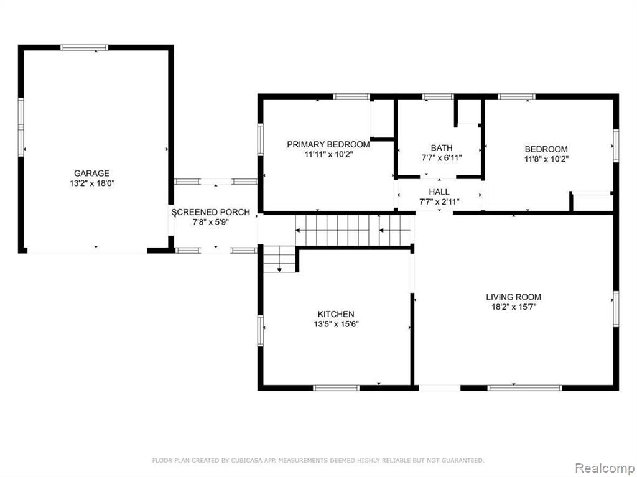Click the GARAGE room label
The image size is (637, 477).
pos(91,173)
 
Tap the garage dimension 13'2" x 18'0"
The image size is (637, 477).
pos(92,183)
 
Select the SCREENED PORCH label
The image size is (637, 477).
pos(210,212)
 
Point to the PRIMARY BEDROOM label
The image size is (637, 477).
pos(328,144)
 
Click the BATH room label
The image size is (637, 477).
pos(442,148)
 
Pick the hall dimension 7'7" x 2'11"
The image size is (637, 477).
pos(439,201)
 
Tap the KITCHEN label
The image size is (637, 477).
pos(336,314)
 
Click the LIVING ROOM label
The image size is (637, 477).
pos(513,297)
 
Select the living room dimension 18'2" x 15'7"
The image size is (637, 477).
pos(514,307)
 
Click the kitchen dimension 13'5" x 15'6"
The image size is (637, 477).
pos(336,324)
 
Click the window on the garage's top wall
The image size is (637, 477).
pos(85,47)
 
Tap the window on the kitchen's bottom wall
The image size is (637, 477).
pos(337,388)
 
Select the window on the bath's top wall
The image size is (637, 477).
pos(437,96)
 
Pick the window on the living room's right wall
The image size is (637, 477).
pos(616,309)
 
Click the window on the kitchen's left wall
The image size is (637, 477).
pos(261,331)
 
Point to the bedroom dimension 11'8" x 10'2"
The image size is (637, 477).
pos(546,159)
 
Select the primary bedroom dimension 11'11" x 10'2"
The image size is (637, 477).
pos(328,154)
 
